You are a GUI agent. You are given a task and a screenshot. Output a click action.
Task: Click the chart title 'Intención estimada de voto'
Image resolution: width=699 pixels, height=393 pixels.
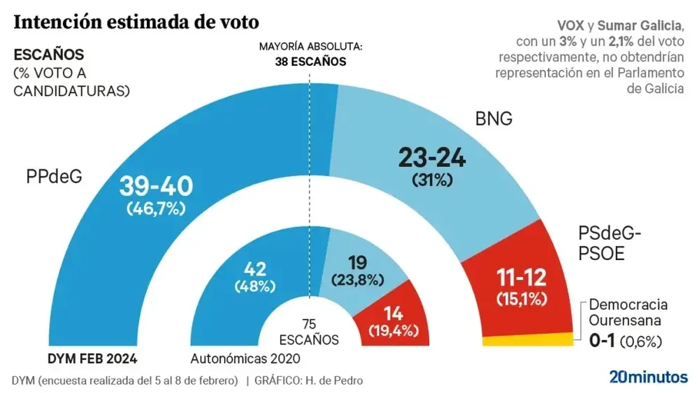136,22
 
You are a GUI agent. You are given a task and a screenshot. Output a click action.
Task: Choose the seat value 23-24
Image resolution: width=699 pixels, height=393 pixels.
433,158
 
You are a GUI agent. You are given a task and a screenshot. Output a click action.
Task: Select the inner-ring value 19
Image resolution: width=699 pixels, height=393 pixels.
358,264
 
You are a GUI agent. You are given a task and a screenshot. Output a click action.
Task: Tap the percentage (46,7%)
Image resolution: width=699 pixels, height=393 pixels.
156,208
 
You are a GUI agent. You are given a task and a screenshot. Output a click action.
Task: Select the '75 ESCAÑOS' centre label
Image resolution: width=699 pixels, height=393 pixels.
309,333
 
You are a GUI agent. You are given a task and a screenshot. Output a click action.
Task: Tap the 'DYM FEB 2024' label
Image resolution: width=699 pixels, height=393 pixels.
92,359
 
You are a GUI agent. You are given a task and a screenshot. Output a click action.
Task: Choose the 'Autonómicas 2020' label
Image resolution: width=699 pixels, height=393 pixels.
245,359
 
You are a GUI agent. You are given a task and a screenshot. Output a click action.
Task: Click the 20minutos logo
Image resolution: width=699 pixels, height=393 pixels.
647,377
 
